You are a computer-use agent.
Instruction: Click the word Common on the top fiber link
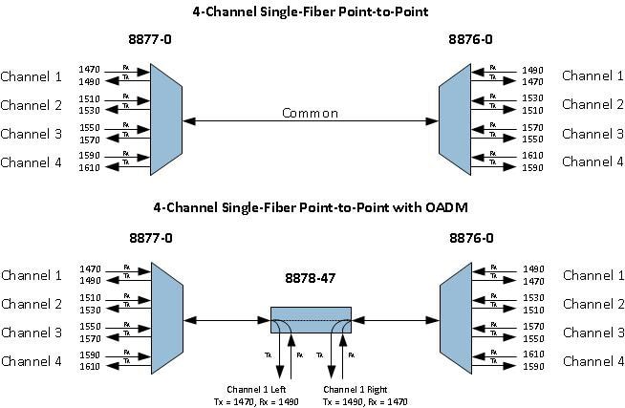[310, 113]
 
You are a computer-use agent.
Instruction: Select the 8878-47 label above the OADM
[311, 280]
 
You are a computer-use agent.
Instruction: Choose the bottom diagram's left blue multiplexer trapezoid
[165, 318]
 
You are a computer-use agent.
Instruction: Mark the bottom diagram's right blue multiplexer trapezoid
[455, 318]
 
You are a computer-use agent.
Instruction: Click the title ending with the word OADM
[312, 207]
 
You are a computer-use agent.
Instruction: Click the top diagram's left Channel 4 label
[32, 162]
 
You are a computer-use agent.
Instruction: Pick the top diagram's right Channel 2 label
[593, 105]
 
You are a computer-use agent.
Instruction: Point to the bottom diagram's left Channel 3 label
[32, 333]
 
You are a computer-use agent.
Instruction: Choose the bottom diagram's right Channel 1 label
[593, 276]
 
